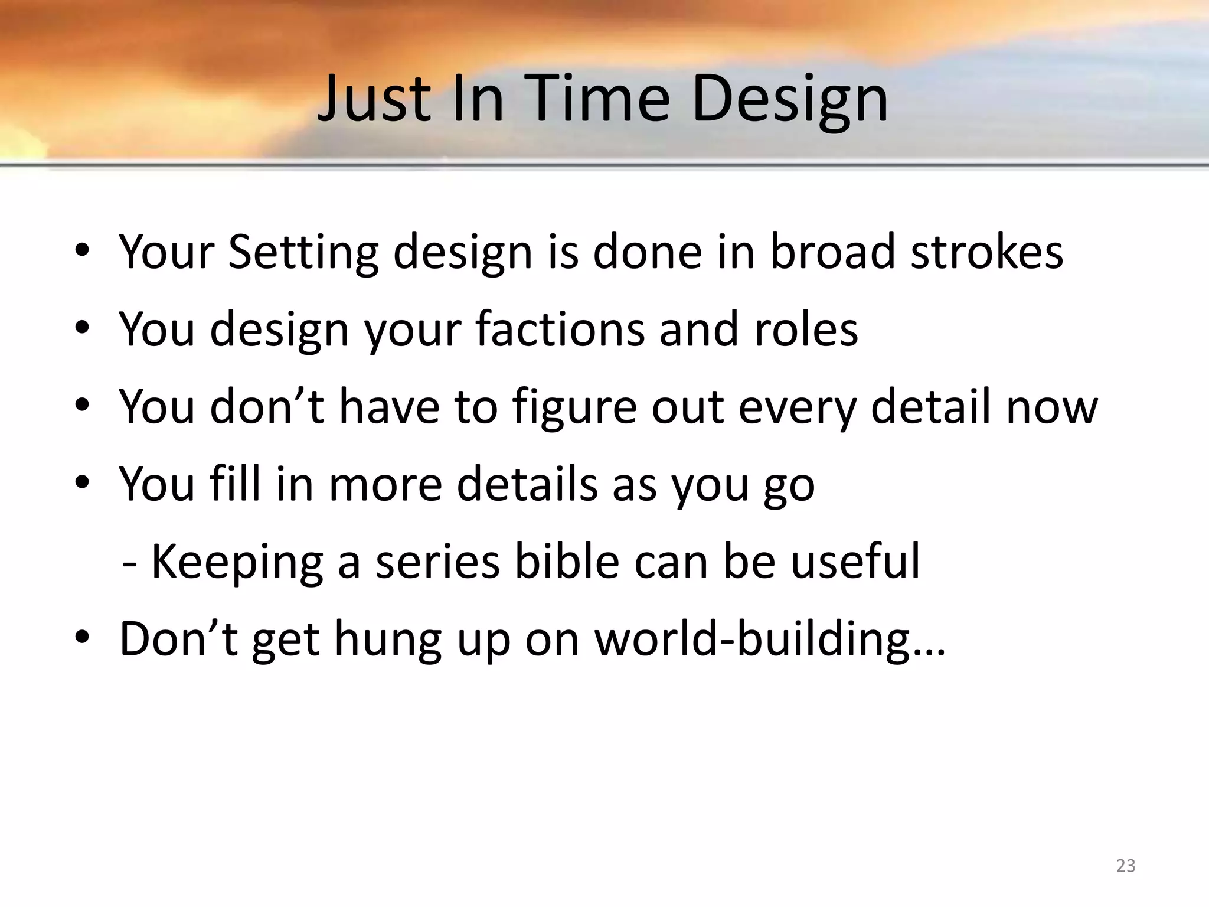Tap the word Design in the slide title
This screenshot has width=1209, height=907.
(790, 100)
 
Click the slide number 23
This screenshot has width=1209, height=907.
(1126, 866)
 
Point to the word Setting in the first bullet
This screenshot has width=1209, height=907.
(303, 253)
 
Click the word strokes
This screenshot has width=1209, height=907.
(986, 252)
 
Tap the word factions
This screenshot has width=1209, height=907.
(560, 329)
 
